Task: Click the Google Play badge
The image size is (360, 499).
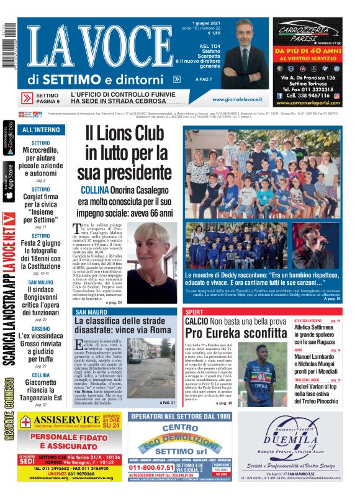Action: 9,139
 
